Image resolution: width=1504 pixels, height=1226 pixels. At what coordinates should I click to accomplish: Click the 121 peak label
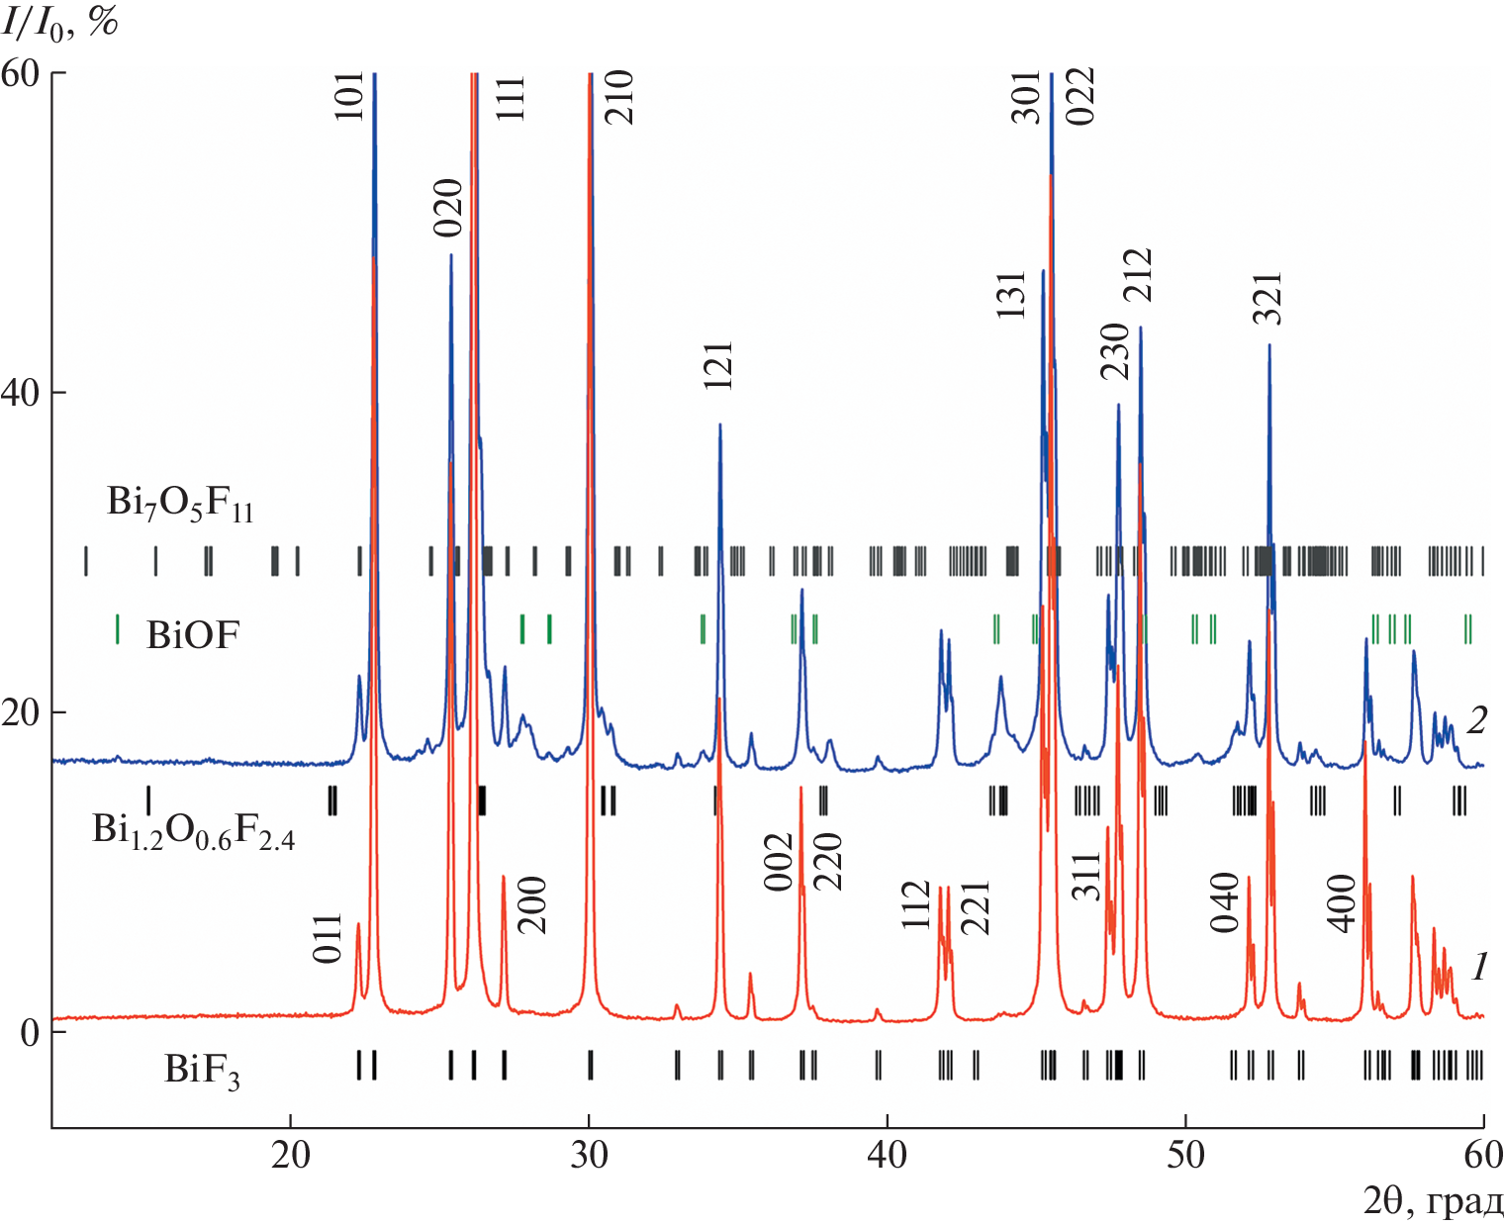coord(719,365)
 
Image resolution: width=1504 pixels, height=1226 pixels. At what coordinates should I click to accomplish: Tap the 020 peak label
coord(449,208)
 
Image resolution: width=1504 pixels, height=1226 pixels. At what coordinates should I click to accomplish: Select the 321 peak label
coord(1268,298)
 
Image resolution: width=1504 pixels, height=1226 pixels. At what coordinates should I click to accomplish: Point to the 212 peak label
coord(1139,275)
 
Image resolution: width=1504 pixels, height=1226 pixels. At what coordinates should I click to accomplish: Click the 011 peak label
coord(328,938)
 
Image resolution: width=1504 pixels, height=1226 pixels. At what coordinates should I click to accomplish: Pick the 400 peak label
coord(1342,902)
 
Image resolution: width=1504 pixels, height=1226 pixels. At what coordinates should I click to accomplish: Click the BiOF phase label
coord(193,634)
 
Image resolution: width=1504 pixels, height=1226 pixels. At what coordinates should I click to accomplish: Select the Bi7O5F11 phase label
coord(180,504)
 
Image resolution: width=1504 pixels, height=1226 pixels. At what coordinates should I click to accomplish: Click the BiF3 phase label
coord(202,1071)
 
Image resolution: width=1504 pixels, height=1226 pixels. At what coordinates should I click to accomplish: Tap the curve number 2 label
coord(1476,719)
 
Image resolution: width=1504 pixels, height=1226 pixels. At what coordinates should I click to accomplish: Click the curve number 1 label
coord(1479,965)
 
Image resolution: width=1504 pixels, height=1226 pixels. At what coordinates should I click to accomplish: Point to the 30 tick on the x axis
coord(590,1154)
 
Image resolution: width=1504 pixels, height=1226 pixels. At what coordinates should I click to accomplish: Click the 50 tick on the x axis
coord(1185,1154)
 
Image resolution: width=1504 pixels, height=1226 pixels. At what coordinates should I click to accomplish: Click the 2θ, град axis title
coord(1433,1201)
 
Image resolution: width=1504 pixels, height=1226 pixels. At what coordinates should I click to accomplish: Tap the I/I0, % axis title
coord(59,22)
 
